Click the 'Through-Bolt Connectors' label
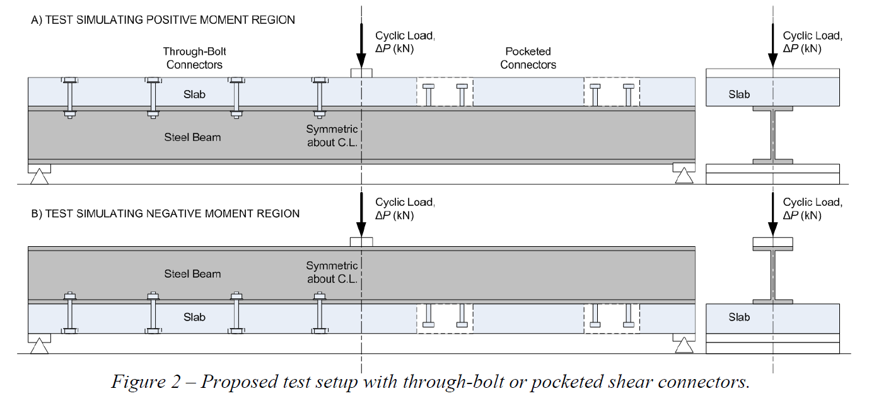coord(192,58)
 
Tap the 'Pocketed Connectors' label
coord(528,58)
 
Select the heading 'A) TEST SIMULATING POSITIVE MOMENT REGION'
coord(163,20)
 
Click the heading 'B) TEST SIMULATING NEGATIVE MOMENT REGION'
coord(165,213)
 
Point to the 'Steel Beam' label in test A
coord(192,137)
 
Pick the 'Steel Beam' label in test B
coord(192,274)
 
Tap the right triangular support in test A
coord(683,176)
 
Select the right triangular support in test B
coord(683,346)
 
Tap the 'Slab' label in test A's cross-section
coord(739,94)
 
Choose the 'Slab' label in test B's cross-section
coord(739,317)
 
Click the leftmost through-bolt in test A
coord(69,97)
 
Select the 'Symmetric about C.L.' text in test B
coord(332,273)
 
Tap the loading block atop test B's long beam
coord(361,242)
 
